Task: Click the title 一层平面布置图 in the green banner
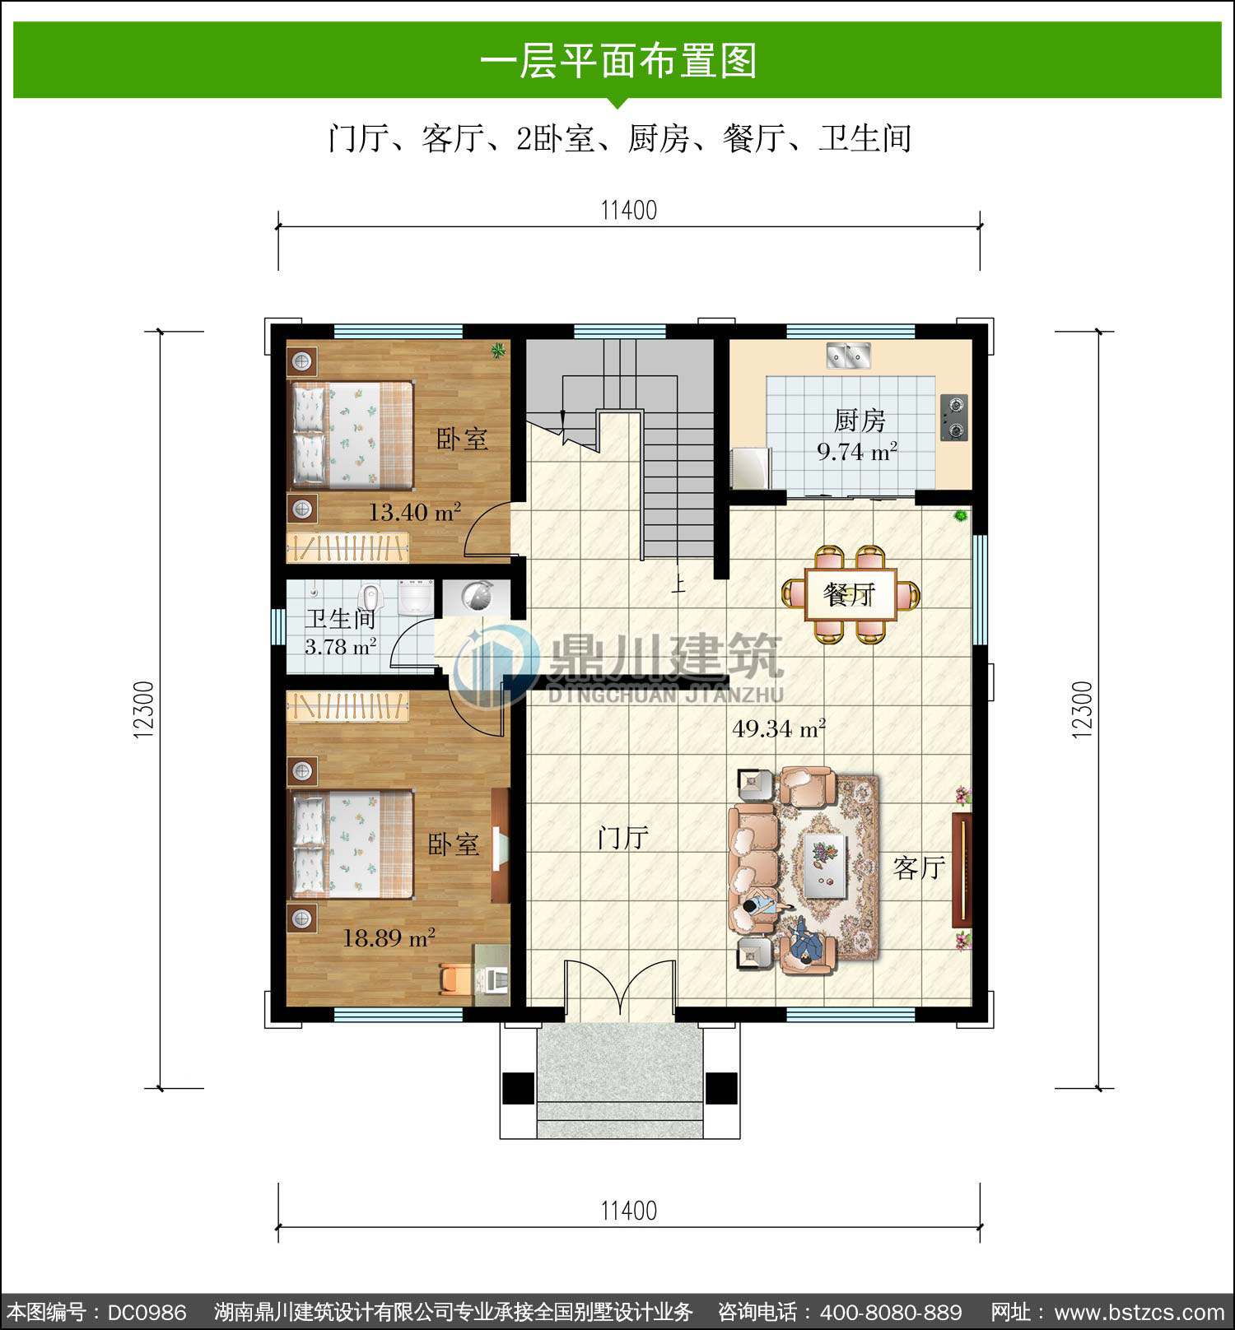pyautogui.click(x=618, y=62)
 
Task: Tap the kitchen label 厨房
pyautogui.click(x=860, y=421)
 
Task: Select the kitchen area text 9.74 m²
pyautogui.click(x=857, y=452)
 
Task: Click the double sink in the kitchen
pyautogui.click(x=849, y=356)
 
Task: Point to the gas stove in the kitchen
pyautogui.click(x=954, y=417)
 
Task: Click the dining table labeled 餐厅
pyautogui.click(x=851, y=593)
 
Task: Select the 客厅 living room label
pyautogui.click(x=919, y=867)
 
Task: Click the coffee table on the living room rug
pyautogui.click(x=825, y=865)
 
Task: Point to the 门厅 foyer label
pyautogui.click(x=623, y=838)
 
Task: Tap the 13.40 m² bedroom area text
pyautogui.click(x=414, y=513)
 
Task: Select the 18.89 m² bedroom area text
pyautogui.click(x=389, y=937)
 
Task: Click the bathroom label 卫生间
pyautogui.click(x=340, y=618)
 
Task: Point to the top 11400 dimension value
pyautogui.click(x=629, y=211)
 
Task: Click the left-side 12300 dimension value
pyautogui.click(x=143, y=709)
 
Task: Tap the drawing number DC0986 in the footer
pyautogui.click(x=147, y=1312)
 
